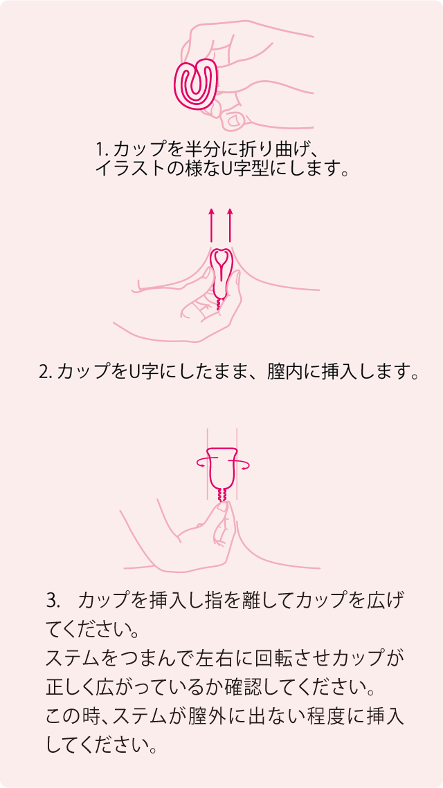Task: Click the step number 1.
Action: [100, 149]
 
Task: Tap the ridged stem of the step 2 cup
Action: [218, 305]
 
